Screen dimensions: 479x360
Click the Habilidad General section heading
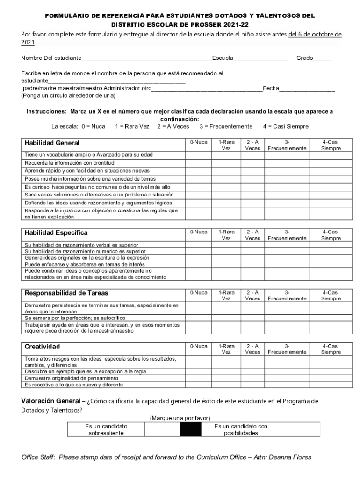[52, 143]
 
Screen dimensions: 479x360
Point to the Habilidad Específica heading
[56, 233]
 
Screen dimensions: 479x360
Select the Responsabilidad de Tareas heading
[66, 293]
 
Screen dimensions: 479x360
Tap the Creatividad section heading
[43, 347]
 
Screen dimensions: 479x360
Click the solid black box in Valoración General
[190, 429]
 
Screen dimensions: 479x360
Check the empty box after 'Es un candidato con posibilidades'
[301, 429]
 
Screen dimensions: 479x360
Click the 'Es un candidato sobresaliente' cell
[106, 429]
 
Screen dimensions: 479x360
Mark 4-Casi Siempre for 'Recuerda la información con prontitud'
[331, 163]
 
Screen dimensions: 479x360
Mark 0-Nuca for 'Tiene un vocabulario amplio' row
[199, 155]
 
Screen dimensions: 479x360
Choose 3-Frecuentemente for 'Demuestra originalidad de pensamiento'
[287, 378]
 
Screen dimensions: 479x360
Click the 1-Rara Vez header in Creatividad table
[226, 349]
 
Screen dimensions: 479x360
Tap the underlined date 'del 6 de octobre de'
[315, 34]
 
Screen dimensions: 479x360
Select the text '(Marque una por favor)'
[180, 417]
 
